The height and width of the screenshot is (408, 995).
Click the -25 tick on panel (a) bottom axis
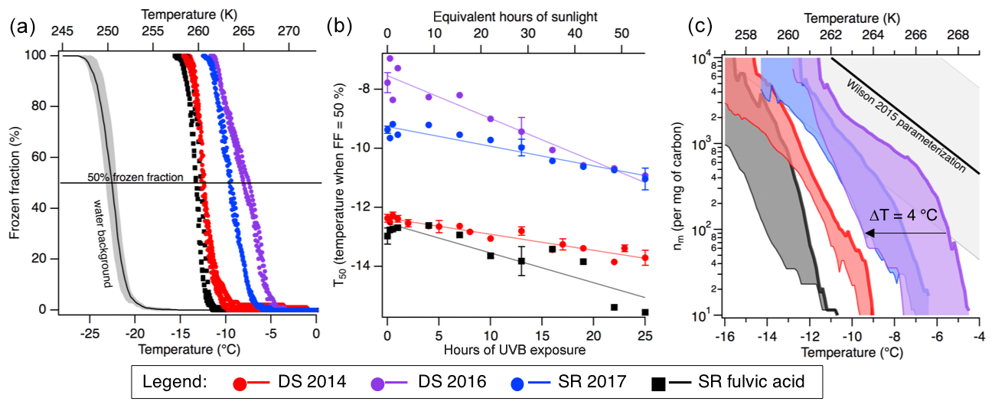90,334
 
